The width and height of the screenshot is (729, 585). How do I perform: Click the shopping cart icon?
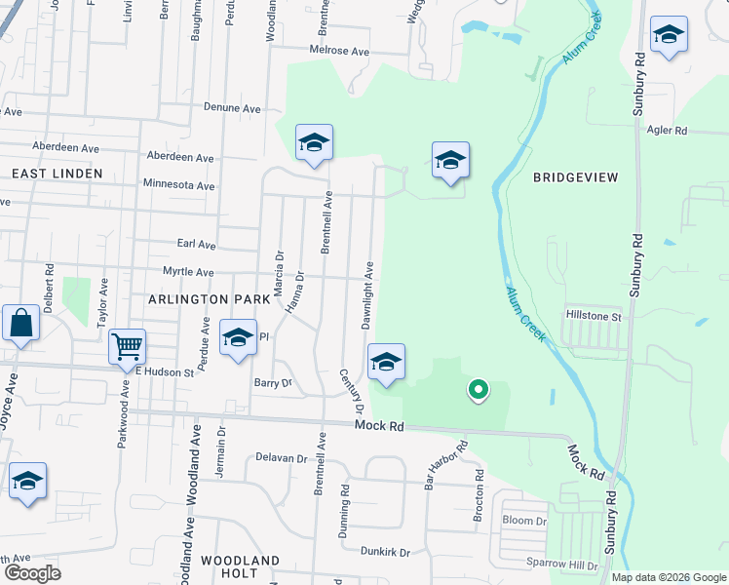127,346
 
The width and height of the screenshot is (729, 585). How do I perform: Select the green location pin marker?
478,390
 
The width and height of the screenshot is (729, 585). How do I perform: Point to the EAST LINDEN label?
57,173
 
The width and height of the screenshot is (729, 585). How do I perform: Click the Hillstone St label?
594,316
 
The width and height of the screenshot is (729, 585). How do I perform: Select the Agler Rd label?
667,131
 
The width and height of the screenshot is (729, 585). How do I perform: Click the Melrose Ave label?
340,51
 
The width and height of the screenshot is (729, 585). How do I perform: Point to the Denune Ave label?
235,107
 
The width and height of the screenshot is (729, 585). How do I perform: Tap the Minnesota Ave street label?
178,185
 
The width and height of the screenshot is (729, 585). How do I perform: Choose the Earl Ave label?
196,245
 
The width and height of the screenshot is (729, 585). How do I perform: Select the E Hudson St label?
165,371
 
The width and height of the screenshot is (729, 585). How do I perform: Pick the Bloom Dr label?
524,521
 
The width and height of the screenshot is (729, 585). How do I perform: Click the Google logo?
32,573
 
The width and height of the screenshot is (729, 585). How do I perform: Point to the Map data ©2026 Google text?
668,577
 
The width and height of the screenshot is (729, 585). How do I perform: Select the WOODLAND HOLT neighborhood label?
240,569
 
